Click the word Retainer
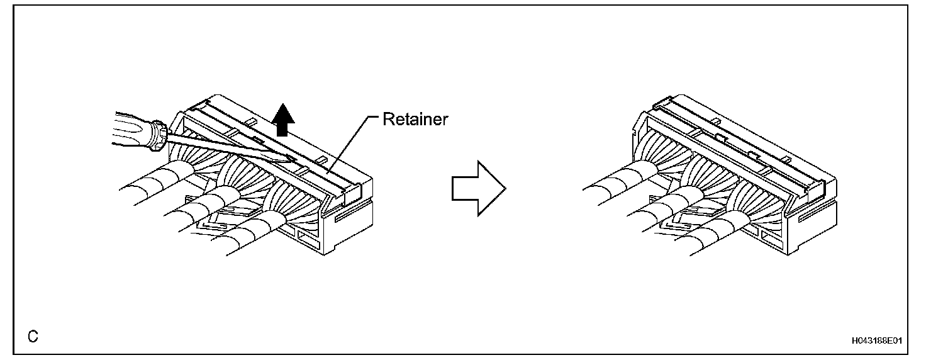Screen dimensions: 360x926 click(x=415, y=120)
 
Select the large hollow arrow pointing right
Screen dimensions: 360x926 click(x=477, y=187)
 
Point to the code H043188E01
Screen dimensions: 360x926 click(x=876, y=340)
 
